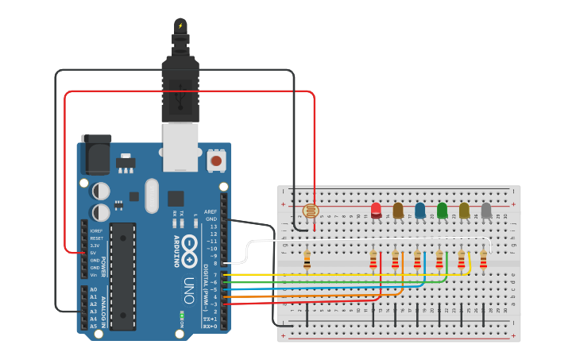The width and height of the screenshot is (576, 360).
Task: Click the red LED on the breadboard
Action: (x=376, y=210)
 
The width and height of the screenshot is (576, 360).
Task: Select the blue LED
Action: (x=419, y=210)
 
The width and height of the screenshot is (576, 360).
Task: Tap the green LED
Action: (x=442, y=210)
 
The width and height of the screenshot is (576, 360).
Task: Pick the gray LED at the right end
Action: (x=486, y=210)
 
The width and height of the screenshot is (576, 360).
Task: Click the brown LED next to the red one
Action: (x=398, y=210)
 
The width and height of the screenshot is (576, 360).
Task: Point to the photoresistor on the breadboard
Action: (x=311, y=211)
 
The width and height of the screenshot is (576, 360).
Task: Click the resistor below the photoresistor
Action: (x=307, y=259)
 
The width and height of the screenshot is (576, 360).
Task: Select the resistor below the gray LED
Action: (x=482, y=259)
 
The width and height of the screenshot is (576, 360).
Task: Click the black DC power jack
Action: (x=96, y=155)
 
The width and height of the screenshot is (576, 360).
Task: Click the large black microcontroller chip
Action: (x=123, y=265)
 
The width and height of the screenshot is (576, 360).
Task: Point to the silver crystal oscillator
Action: (x=152, y=195)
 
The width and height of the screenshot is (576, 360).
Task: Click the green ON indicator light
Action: (x=181, y=315)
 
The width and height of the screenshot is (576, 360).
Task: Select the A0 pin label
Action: (x=94, y=289)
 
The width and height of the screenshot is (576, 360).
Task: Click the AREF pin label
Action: (x=211, y=212)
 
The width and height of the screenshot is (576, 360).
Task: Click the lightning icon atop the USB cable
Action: (x=180, y=25)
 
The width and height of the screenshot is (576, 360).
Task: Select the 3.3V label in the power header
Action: (x=95, y=246)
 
